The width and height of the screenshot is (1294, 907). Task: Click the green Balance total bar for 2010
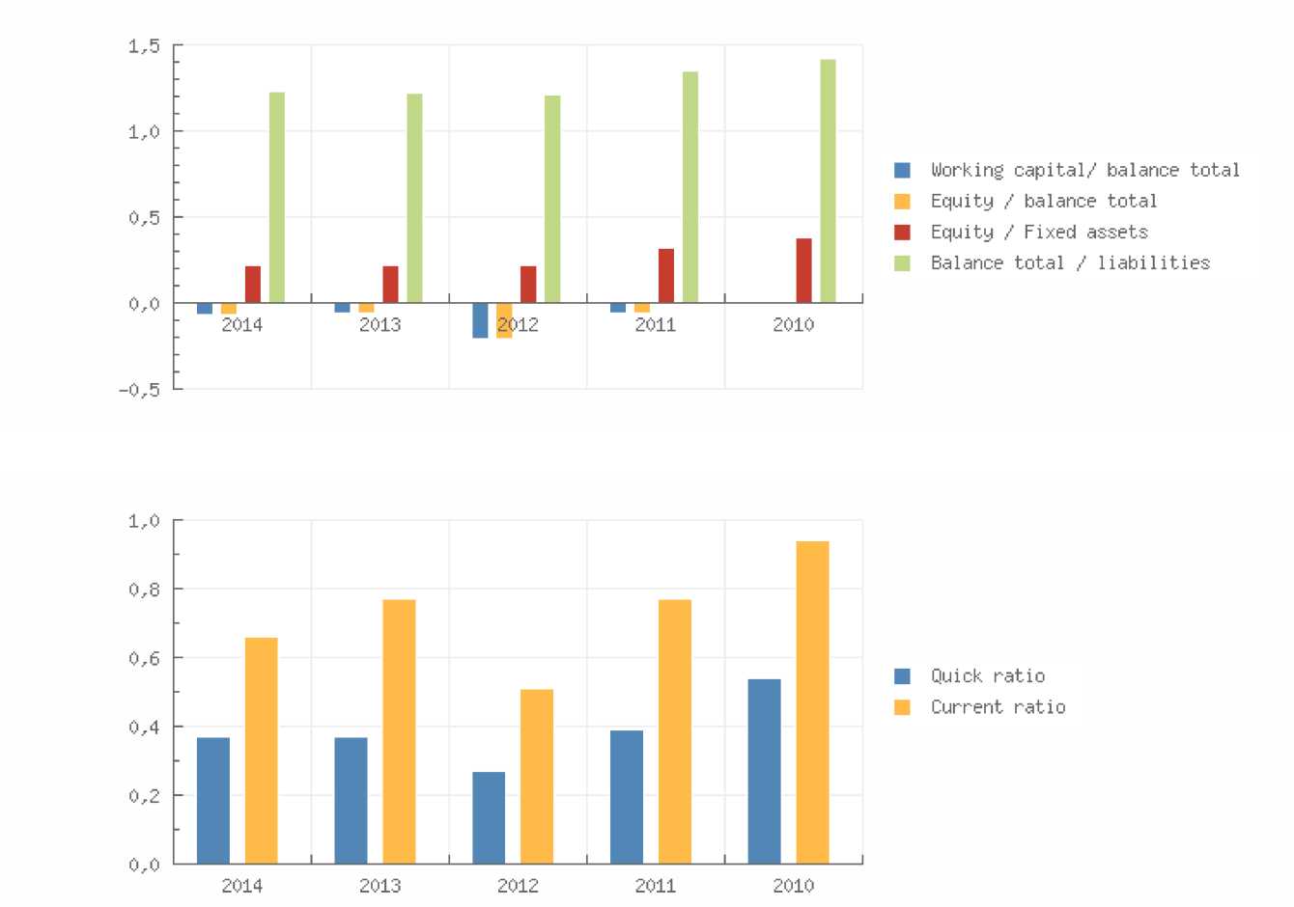click(x=828, y=181)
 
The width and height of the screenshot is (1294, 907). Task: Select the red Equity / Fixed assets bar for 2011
click(x=666, y=276)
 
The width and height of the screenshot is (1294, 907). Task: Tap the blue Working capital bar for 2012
click(x=480, y=320)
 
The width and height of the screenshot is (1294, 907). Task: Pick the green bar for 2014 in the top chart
click(x=277, y=198)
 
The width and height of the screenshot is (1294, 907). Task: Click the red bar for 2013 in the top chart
click(x=390, y=285)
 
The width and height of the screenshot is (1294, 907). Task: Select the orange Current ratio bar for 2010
click(x=812, y=702)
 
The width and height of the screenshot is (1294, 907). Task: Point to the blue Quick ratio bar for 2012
click(x=489, y=817)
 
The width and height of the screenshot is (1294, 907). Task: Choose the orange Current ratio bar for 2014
click(x=261, y=751)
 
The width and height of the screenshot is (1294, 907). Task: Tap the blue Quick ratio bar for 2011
click(x=627, y=797)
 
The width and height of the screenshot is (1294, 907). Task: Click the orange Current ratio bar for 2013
click(x=399, y=731)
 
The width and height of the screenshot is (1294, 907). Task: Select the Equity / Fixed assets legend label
click(x=1039, y=232)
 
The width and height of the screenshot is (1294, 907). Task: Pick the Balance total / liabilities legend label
click(x=1070, y=262)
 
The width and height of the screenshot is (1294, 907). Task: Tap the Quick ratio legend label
click(x=987, y=675)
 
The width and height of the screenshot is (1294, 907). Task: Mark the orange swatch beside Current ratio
click(x=903, y=707)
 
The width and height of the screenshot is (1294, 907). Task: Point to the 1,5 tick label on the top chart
click(x=143, y=45)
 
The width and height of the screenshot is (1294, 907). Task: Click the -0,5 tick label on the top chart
click(x=139, y=389)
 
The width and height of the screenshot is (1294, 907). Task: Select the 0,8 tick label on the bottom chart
click(x=143, y=589)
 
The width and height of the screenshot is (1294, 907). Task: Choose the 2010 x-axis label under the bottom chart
click(x=793, y=885)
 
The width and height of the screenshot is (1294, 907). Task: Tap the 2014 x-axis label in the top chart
click(x=242, y=324)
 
